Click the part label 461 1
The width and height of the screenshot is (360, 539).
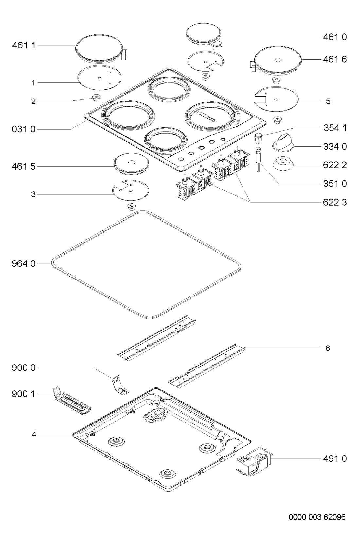pyautogui.click(x=24, y=45)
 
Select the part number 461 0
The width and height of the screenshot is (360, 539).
pyautogui.click(x=335, y=37)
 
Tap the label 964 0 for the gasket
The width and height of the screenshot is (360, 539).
pyautogui.click(x=24, y=264)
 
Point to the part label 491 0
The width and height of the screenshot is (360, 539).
pyautogui.click(x=335, y=459)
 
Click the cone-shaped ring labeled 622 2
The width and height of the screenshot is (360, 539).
pyautogui.click(x=283, y=164)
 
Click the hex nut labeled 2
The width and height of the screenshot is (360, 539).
pyautogui.click(x=96, y=97)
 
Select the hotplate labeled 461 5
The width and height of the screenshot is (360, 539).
pyautogui.click(x=131, y=164)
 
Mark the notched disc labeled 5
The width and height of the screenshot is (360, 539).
pyautogui.click(x=276, y=99)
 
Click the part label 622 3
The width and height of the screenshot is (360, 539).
pyautogui.click(x=335, y=202)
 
